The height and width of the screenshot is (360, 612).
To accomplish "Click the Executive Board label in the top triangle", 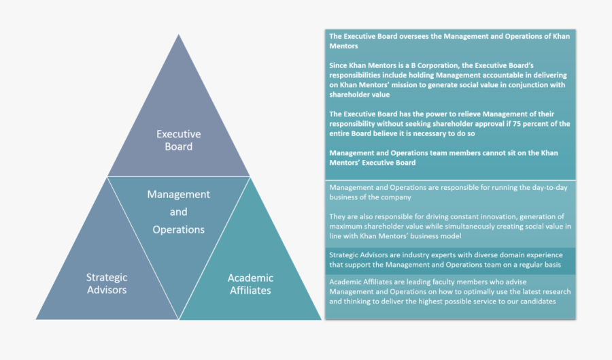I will point(178,140).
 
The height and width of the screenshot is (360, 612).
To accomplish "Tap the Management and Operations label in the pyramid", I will point(178,212).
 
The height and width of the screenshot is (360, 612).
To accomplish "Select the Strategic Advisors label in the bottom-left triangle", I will point(106,283).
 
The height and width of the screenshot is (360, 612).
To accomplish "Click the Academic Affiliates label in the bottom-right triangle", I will point(250,284).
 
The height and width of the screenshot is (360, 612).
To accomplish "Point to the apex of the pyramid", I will point(179,36).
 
